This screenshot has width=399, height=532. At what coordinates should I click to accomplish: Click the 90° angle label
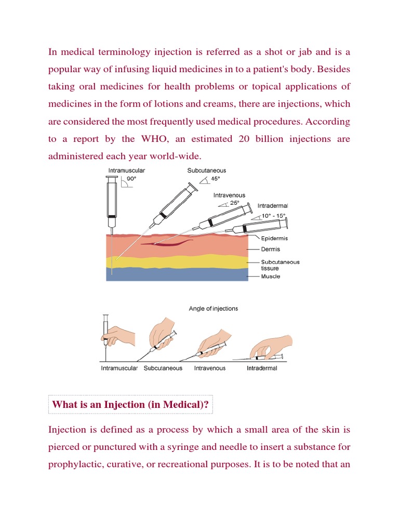pyautogui.click(x=132, y=178)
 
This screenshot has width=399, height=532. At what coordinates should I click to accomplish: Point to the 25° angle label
pyautogui.click(x=235, y=203)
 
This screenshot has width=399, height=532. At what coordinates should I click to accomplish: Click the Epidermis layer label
pyautogui.click(x=274, y=238)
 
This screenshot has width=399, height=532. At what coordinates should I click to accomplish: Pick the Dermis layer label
pyautogui.click(x=270, y=249)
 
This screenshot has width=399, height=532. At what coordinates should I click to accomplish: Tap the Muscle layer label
pyautogui.click(x=270, y=276)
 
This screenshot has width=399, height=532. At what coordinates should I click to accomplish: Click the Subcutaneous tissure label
pyautogui.click(x=280, y=265)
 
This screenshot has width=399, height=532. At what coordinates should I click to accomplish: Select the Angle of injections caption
pyautogui.click(x=213, y=309)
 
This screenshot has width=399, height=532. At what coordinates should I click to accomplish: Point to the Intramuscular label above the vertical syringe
pyautogui.click(x=126, y=170)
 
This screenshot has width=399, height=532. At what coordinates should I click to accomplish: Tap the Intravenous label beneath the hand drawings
pyautogui.click(x=210, y=368)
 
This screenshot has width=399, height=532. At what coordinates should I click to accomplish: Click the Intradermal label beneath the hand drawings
pyautogui.click(x=262, y=368)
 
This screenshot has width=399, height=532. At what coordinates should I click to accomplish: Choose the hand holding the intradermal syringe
pyautogui.click(x=270, y=345)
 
